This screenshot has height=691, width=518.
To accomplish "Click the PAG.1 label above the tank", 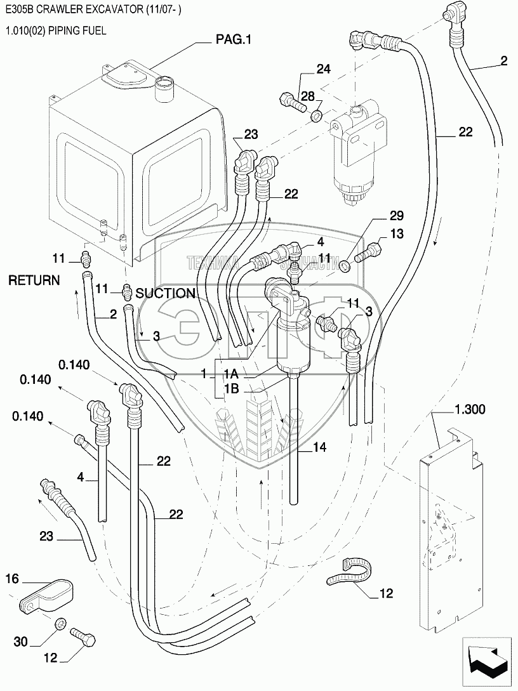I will click(x=234, y=40).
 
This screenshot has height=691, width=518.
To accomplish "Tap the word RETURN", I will click(x=34, y=280).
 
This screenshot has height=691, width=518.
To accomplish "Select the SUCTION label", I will click(x=165, y=293).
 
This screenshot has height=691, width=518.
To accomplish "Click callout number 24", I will click(x=324, y=69).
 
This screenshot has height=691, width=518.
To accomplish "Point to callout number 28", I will click(x=308, y=96).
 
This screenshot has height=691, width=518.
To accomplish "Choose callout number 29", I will click(x=379, y=216).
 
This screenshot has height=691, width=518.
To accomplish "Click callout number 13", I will click(x=396, y=234).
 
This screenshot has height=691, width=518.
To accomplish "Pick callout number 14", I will click(x=319, y=448).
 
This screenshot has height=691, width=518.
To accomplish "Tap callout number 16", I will click(x=13, y=578).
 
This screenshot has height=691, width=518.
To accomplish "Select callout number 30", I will click(x=21, y=642).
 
